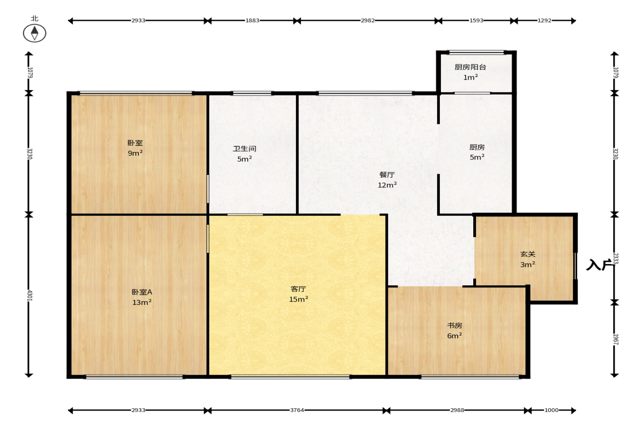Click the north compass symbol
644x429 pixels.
[34, 33]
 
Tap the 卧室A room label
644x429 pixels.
[142, 292]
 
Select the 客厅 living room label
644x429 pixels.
[298, 289]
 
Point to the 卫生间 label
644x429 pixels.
[245, 149]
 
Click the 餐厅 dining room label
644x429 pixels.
[387, 175]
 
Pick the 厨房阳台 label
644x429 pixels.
[470, 67]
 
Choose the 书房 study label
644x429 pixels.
[455, 325]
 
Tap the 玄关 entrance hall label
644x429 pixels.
[528, 254]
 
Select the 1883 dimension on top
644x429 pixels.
[253, 21]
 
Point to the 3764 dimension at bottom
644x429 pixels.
[297, 410]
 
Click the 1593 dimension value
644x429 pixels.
[477, 21]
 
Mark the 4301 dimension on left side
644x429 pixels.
[29, 295]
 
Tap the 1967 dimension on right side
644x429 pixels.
[615, 339]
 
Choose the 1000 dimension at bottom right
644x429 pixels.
[552, 410]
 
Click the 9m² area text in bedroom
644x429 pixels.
[135, 153]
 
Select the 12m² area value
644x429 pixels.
[387, 185]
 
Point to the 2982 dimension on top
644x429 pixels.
[368, 21]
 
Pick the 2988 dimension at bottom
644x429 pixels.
[457, 410]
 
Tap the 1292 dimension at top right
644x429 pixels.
[544, 21]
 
